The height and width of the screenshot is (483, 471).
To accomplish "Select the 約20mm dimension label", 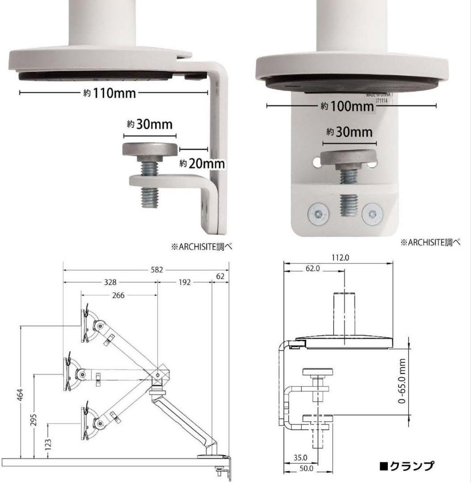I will [202, 163].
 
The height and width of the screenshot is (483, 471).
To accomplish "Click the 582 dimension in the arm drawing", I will [156, 270].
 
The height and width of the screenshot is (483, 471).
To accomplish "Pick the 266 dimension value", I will [119, 296].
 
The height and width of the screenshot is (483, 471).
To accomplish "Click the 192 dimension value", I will [184, 282].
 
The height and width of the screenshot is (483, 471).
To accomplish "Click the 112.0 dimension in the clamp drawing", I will [340, 258].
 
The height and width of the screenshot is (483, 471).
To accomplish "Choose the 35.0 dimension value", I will [300, 457].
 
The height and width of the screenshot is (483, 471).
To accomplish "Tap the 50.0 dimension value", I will [306, 469].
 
